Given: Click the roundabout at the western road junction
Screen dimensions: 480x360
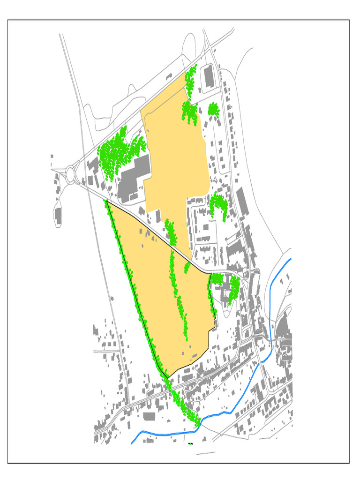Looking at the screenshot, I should [71, 174].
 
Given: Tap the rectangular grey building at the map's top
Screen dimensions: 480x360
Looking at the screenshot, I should [209, 76].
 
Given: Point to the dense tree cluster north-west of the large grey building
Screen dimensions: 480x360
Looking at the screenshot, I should [115, 152].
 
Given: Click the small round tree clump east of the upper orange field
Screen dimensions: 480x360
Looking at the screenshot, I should [213, 110].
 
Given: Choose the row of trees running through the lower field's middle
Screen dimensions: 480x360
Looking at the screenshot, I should [178, 295].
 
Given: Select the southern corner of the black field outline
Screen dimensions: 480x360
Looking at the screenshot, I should [168, 378].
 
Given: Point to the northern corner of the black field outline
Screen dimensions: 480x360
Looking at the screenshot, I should [107, 200].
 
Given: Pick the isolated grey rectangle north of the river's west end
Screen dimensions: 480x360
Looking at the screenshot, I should [149, 416].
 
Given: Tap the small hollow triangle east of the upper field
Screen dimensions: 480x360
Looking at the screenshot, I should [215, 180].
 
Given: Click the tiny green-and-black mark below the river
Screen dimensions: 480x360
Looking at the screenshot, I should [191, 442].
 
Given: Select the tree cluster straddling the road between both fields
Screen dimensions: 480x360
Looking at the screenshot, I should [171, 232].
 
